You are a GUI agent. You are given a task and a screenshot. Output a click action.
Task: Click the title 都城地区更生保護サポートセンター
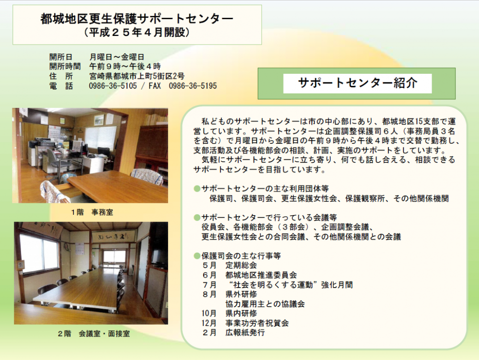coord(137,19)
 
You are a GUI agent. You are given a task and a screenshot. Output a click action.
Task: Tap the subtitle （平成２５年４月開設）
coord(137,32)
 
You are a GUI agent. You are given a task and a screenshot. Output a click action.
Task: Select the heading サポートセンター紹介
coord(357,83)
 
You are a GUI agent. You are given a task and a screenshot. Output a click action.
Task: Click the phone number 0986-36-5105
coord(113,86)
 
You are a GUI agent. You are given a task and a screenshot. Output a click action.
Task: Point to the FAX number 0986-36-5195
coord(193,86)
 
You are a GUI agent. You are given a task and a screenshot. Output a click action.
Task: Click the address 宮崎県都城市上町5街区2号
coord(137,76)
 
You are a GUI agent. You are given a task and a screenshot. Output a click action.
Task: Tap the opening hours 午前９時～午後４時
coord(125,66)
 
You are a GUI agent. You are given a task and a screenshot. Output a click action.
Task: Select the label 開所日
coord(61,57)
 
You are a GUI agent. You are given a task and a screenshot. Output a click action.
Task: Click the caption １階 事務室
coord(92,212)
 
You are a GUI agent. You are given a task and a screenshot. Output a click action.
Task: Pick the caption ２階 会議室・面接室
coord(94,334)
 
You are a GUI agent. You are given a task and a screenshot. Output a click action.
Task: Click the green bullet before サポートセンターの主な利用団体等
coord(197,188)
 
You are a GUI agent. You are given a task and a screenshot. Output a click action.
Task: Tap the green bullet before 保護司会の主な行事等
coord(197,256)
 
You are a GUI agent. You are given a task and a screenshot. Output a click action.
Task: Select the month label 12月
coord(209,323)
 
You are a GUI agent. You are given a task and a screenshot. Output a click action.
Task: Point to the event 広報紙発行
coord(245,333)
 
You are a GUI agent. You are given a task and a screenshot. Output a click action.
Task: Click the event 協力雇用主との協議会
coord(265,304)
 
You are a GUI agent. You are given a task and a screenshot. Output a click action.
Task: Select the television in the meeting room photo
coord(159,257)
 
